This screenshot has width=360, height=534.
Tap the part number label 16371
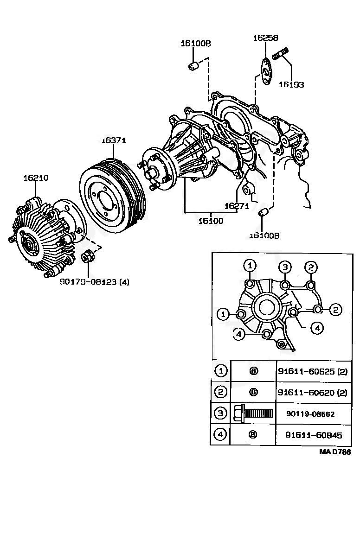(114, 140)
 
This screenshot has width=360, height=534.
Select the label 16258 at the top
(265, 38)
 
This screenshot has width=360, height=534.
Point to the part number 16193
(291, 85)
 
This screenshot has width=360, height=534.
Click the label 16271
(237, 206)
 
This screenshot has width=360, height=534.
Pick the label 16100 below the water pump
(211, 221)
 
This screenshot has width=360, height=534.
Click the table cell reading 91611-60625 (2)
(312, 371)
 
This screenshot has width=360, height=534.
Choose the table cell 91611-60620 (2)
(312, 392)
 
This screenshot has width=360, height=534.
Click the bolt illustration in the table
(253, 413)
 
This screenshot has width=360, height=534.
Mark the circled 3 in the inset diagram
(285, 267)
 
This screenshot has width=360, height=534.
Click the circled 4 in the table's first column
(220, 435)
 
